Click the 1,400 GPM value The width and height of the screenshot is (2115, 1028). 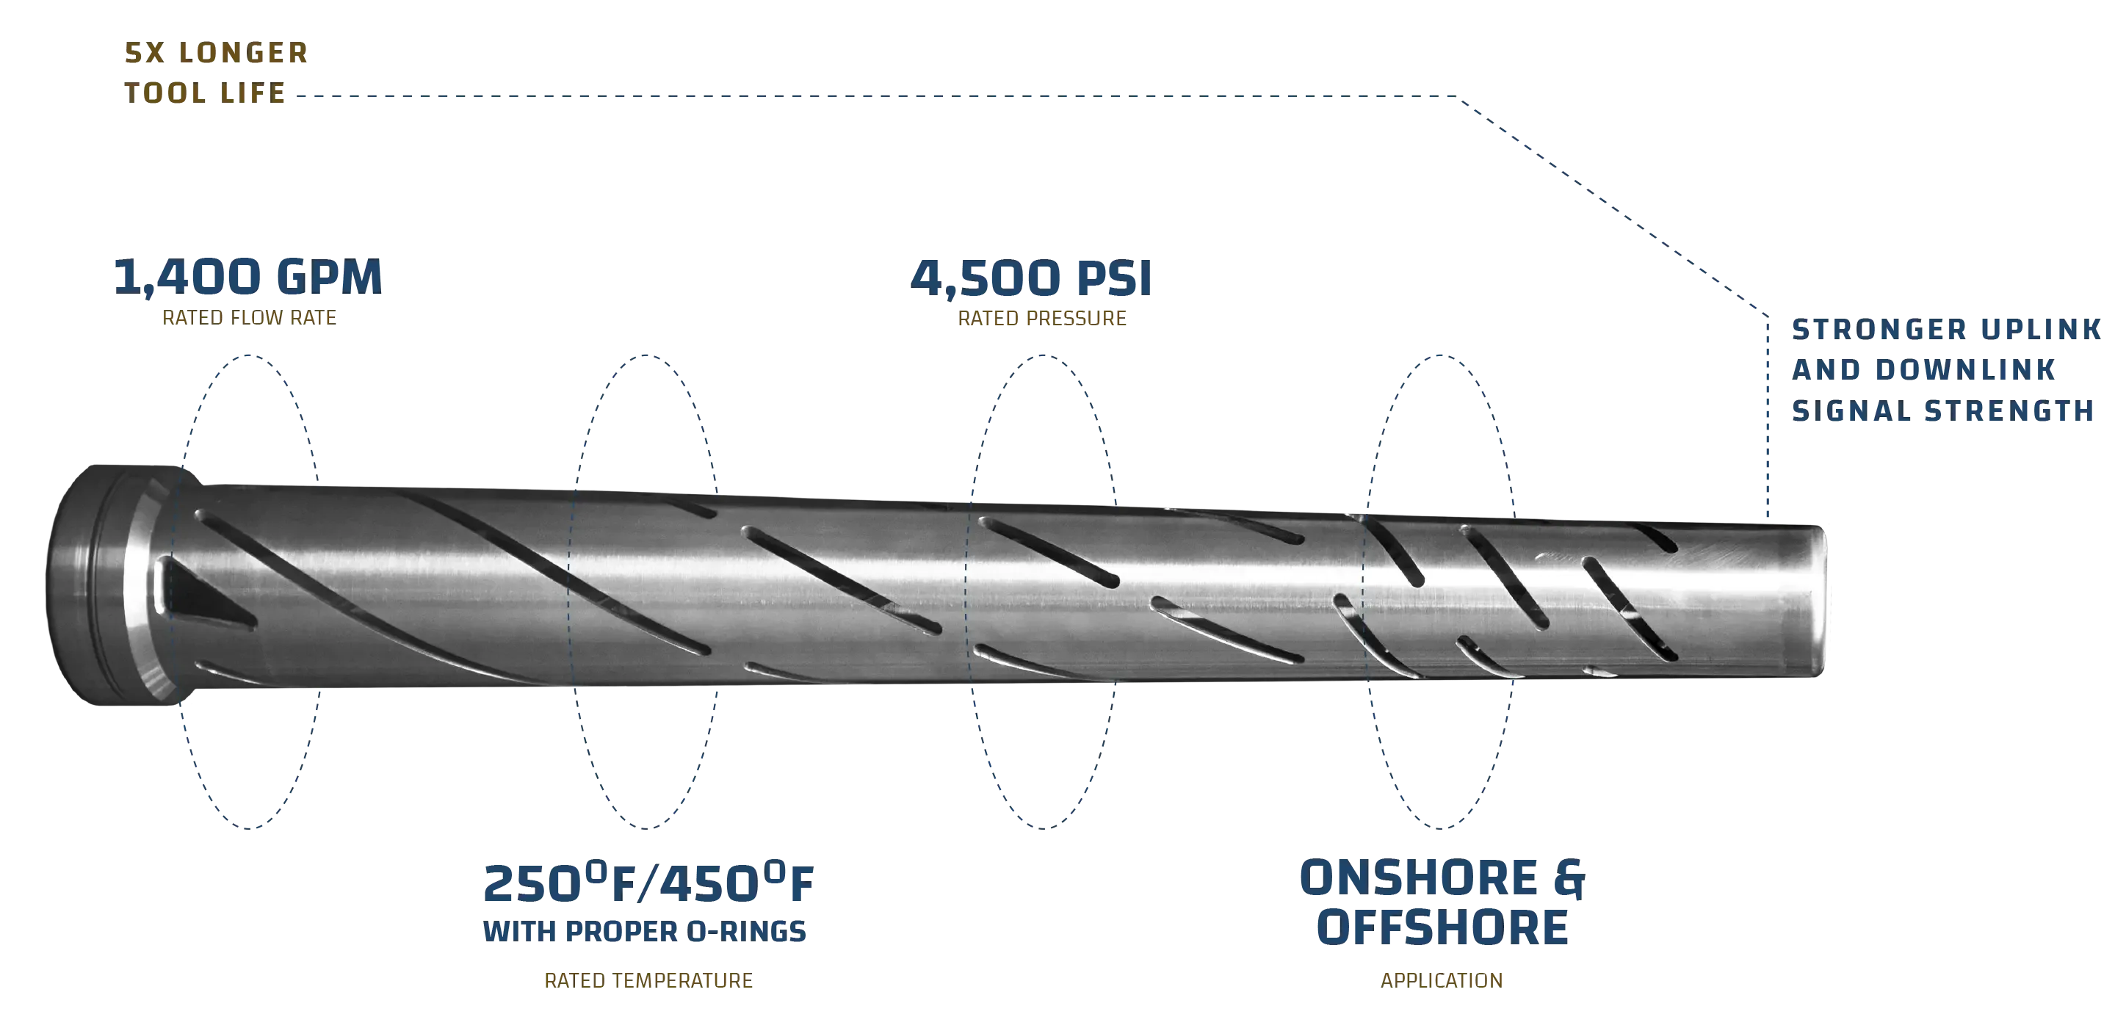click(x=246, y=278)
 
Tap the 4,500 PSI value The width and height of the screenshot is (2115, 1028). click(x=1030, y=280)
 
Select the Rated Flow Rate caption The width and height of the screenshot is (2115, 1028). click(x=248, y=318)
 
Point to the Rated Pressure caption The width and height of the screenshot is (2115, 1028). click(x=1043, y=318)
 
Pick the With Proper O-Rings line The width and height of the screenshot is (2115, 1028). click(x=646, y=931)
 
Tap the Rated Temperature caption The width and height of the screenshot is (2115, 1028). click(x=648, y=981)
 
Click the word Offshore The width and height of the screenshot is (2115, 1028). click(x=1442, y=926)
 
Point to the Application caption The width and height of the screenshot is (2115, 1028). click(x=1442, y=981)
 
